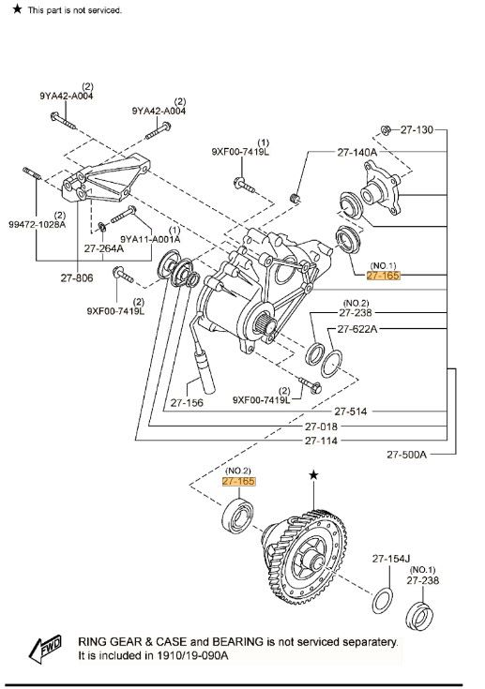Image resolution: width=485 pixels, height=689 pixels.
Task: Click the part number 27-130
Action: pos(417,129)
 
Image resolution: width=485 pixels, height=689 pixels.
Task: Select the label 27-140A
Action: pos(357,152)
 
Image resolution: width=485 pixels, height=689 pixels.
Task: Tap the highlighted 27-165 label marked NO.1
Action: pos(384,276)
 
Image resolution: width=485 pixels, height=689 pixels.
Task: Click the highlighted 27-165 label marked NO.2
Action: pos(239,481)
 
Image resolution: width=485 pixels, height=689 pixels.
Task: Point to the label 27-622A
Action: pos(357,329)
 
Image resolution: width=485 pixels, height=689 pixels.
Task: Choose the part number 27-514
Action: pos(351,412)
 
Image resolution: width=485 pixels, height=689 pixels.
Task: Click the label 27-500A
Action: pos(407,455)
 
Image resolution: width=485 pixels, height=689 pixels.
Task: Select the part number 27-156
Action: pos(187,402)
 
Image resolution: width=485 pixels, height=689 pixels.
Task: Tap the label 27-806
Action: pos(77,277)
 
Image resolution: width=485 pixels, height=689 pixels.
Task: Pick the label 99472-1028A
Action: pos(37,225)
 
